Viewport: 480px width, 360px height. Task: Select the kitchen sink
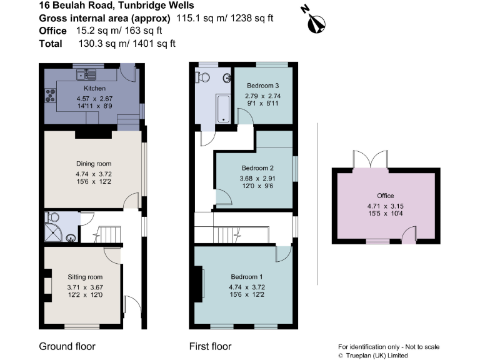[83, 76]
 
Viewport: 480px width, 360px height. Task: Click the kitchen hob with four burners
[49, 96]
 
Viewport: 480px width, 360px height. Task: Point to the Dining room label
[90, 164]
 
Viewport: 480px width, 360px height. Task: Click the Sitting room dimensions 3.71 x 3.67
[84, 287]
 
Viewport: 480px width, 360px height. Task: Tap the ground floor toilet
[52, 217]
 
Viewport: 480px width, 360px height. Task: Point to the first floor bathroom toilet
[202, 77]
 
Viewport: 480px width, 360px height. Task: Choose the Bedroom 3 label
[262, 86]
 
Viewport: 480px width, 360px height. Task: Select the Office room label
[386, 196]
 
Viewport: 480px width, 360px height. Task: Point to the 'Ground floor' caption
[67, 346]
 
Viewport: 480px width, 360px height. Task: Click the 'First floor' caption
[210, 346]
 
